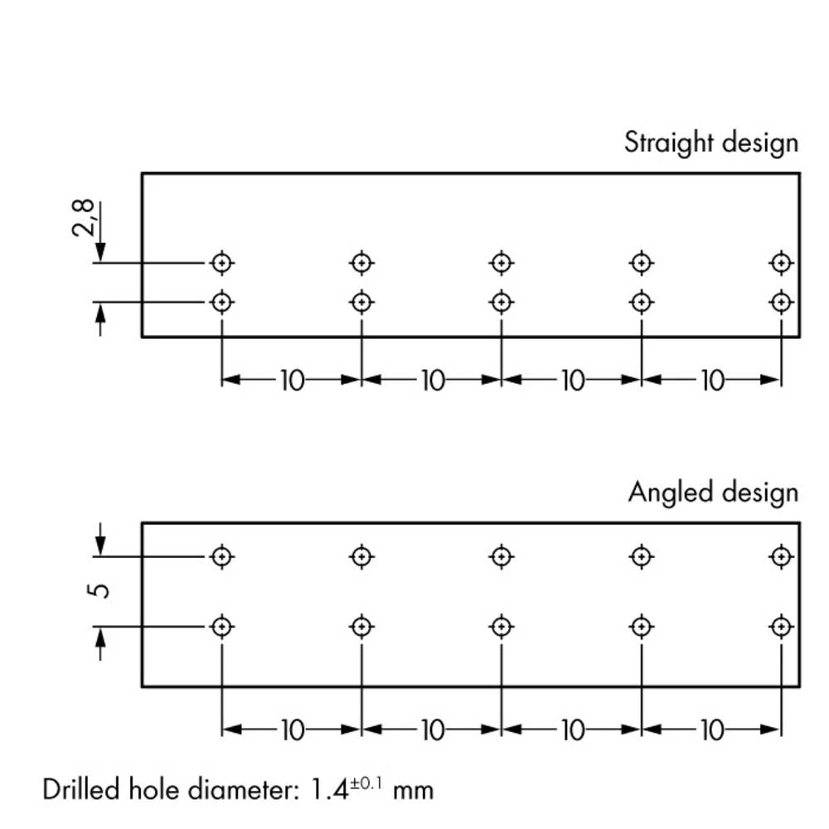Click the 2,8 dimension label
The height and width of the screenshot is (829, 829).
tap(85, 219)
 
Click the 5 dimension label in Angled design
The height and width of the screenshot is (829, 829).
tap(98, 590)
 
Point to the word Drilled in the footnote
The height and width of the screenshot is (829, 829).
tap(79, 788)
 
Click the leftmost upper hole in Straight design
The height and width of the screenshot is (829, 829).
tap(221, 263)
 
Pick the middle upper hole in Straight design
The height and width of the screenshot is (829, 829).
tap(501, 263)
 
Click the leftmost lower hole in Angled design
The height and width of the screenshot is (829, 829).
tap(221, 626)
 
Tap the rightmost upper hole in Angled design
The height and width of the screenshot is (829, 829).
tap(780, 555)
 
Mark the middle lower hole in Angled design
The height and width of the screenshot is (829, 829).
tap(501, 626)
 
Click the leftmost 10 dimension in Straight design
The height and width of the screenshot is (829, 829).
tap(292, 381)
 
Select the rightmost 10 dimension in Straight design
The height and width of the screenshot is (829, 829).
tap(711, 381)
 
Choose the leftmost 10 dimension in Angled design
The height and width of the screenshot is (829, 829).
tap(292, 730)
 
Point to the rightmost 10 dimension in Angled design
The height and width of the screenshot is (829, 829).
tap(711, 730)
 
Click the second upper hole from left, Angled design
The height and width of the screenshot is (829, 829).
tap(361, 555)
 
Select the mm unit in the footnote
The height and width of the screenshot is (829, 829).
tap(413, 790)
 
